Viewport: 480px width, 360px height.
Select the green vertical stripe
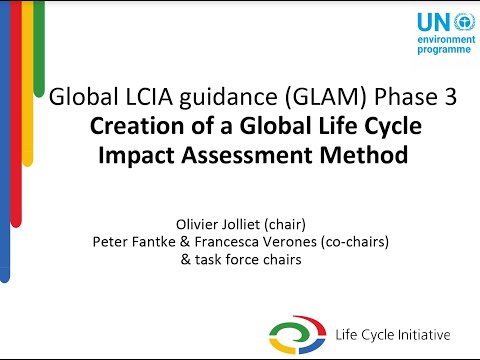(x=39, y=50)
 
